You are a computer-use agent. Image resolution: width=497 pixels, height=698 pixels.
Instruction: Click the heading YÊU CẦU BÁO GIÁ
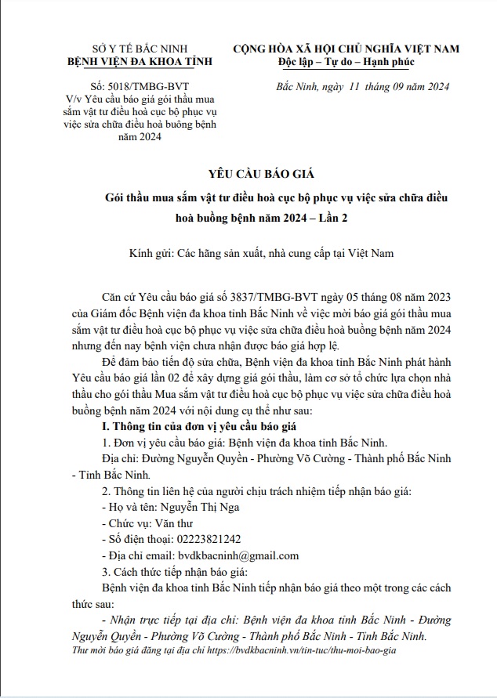(248, 173)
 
